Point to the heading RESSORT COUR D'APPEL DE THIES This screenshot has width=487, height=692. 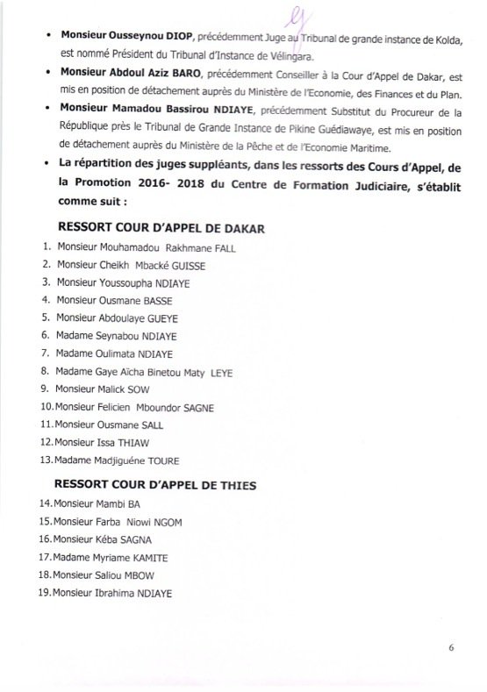(x=158, y=482)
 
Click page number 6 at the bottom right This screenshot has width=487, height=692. (x=451, y=649)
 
